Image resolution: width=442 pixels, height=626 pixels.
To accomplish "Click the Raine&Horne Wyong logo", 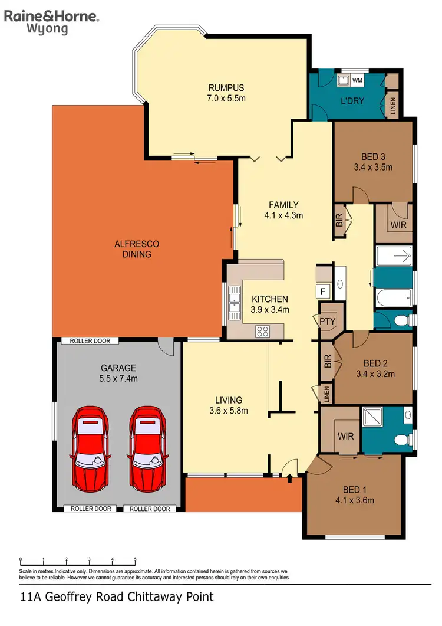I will click(52, 22).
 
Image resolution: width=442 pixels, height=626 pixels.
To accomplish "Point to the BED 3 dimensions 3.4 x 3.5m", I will click(373, 167).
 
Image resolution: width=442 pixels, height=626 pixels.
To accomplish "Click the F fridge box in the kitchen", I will click(323, 290).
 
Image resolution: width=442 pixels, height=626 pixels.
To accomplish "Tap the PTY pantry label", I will click(327, 322).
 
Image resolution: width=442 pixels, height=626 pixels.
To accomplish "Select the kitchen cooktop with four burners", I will click(262, 332).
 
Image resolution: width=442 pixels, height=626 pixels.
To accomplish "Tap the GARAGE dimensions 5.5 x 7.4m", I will click(118, 378).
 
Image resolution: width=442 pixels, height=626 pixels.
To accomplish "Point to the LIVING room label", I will click(228, 400).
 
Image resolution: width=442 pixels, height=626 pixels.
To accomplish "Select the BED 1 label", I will click(355, 489).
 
